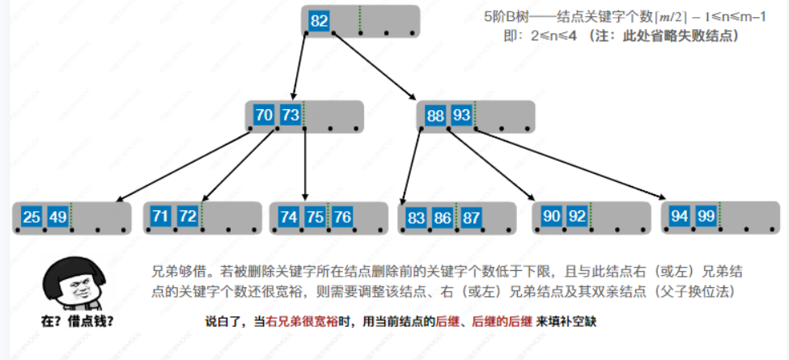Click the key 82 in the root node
319,21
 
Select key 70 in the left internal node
264,116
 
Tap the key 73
290,116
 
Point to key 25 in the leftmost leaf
32,217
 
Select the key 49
57,217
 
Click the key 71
161,216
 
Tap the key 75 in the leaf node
315,217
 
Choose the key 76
341,217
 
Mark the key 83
416,218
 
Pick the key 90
551,217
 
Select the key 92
577,217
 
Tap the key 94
680,216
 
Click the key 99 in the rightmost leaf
706,216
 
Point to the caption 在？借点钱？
77,321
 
